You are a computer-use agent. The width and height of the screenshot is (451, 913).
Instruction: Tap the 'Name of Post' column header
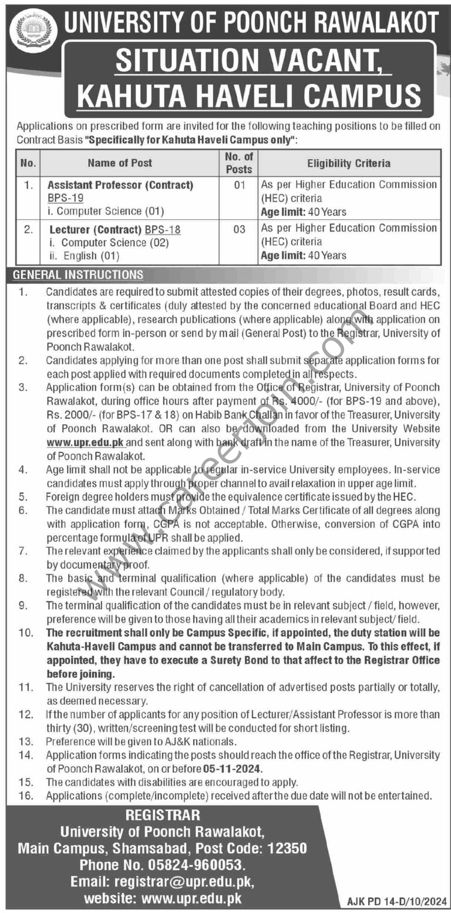coord(120,163)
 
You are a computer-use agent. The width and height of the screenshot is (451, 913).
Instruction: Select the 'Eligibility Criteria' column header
coord(349,163)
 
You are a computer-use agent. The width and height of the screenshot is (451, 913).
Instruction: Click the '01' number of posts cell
coord(238,185)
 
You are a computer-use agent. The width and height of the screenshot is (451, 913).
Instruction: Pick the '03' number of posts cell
coord(238,229)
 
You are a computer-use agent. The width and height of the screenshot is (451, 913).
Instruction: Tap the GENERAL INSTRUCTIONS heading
coord(78,275)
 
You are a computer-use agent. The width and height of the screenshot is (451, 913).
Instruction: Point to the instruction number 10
coord(24,634)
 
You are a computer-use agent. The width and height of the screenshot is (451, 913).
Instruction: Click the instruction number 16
coord(24,796)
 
